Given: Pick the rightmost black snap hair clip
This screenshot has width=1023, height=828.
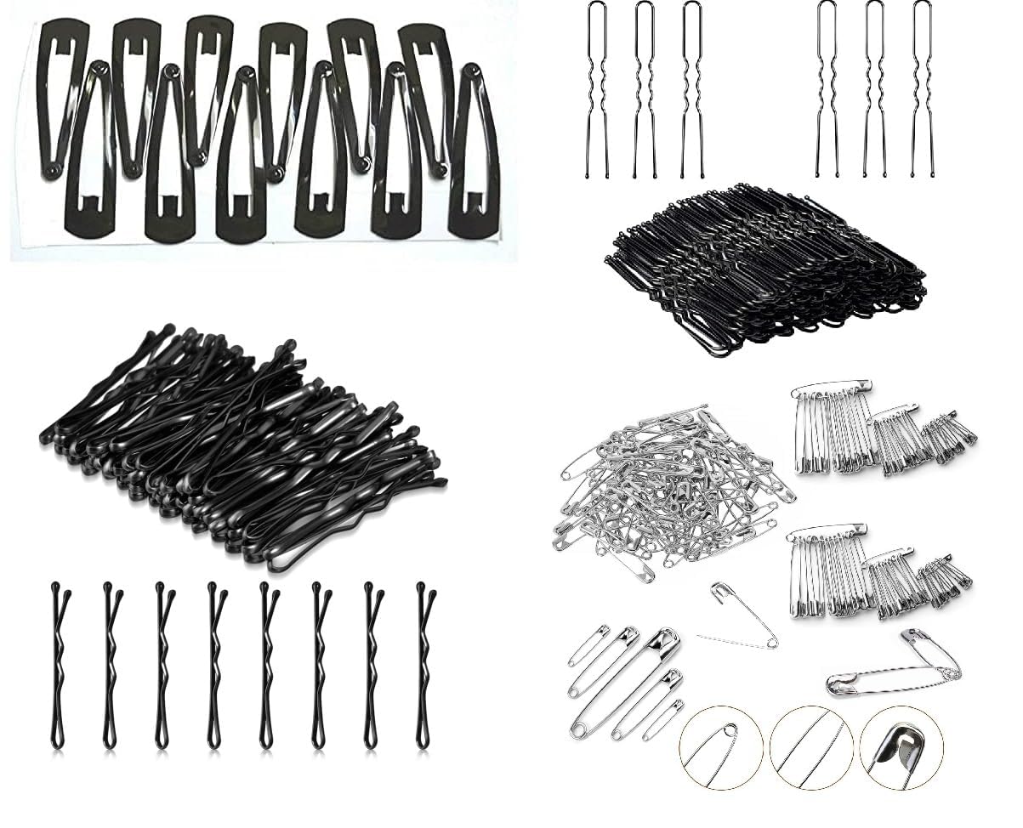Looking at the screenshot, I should click(x=475, y=153).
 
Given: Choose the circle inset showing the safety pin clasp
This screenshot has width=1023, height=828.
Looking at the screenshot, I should click(x=900, y=747).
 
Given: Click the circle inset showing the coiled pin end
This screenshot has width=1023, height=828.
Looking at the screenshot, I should click(x=719, y=747).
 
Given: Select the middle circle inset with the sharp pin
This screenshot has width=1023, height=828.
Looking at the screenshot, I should click(x=810, y=747).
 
